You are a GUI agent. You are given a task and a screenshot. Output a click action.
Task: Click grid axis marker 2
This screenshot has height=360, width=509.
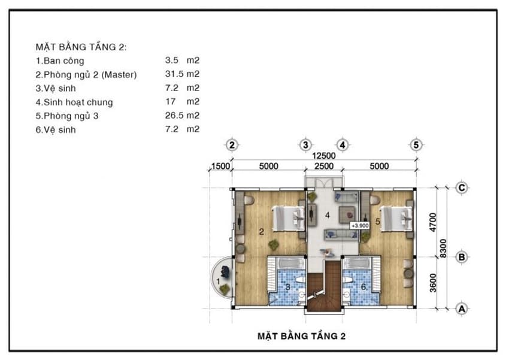tap(232, 145)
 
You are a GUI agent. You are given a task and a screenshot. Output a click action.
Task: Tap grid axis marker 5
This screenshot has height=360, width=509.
tap(416, 145)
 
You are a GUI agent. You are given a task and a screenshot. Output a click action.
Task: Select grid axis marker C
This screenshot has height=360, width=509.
tap(462, 188)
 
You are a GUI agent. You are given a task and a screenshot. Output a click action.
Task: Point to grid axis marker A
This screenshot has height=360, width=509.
tap(462, 308)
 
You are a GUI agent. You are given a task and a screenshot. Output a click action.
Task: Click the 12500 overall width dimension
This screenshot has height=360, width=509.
tap(323, 156)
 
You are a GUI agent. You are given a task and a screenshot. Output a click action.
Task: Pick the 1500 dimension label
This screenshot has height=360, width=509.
tap(220, 166)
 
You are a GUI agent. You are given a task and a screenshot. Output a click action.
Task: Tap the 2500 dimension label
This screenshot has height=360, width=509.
tap(324, 166)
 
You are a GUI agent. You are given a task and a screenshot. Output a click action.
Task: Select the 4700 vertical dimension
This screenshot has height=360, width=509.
tap(433, 222)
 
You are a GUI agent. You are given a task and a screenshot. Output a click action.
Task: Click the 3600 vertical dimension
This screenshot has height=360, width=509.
tap(433, 283)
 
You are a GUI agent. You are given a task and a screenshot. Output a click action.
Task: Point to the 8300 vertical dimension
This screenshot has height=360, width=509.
tap(443, 249)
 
